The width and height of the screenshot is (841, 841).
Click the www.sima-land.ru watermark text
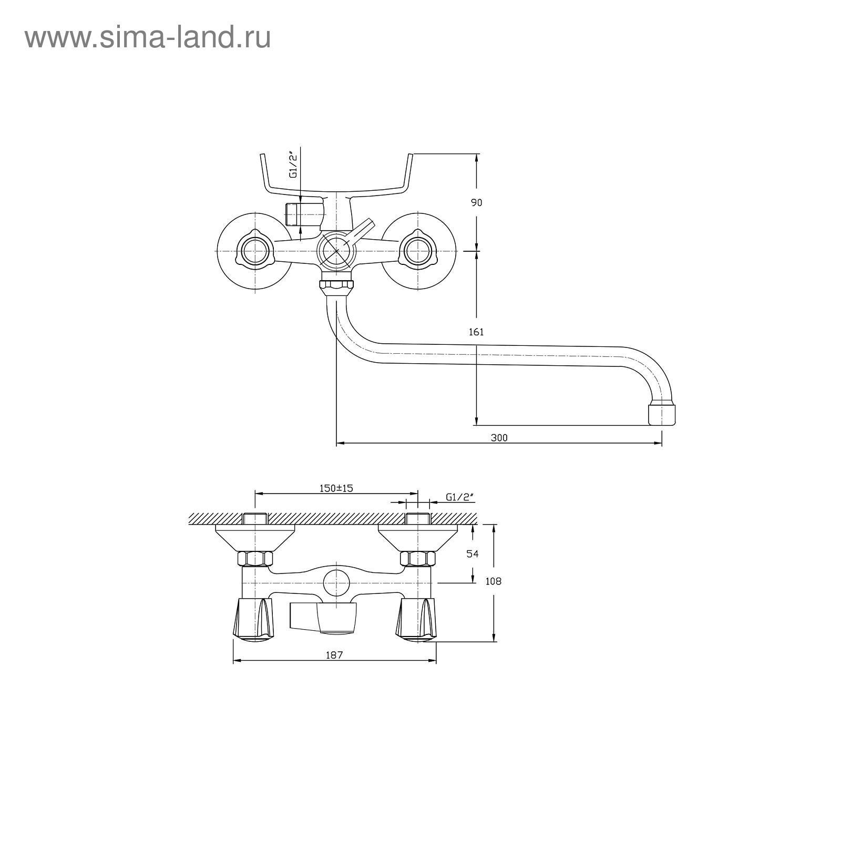tap(148, 37)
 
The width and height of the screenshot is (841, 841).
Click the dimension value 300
tap(499, 437)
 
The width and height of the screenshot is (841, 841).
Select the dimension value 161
tap(476, 332)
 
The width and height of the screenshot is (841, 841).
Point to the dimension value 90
tap(476, 202)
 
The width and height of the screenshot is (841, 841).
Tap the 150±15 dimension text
tap(336, 488)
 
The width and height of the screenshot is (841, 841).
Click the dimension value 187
tap(334, 655)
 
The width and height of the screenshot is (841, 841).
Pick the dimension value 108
tap(494, 581)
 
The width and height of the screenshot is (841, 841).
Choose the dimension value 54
tap(473, 553)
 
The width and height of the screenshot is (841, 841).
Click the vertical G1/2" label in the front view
tap(293, 165)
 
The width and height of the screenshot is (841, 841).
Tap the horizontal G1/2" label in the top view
tap(459, 497)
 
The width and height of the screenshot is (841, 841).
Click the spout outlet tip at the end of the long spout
tap(662, 413)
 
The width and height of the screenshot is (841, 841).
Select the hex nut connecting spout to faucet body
tap(336, 286)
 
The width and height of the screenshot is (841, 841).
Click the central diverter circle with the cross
tap(336, 251)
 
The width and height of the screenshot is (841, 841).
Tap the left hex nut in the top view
tap(255, 558)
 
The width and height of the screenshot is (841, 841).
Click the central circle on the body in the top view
tap(336, 582)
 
